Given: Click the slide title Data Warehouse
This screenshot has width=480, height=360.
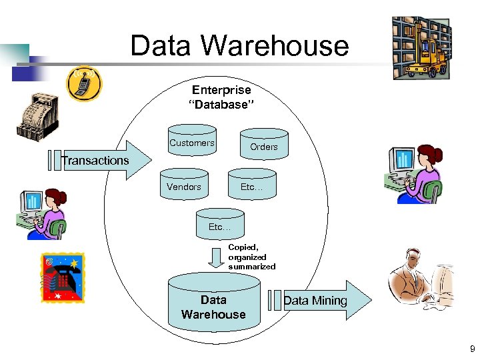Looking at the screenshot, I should pos(239,46).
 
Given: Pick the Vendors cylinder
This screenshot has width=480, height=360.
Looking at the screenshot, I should pos(184,187).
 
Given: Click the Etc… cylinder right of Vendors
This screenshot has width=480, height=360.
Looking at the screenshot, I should pos(252,187).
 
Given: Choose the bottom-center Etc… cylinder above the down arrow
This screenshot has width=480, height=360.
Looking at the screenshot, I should pos(219,227).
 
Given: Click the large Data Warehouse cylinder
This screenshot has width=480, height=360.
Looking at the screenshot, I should pos(213,307).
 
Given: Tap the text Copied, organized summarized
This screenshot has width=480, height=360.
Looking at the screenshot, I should pos(251,257).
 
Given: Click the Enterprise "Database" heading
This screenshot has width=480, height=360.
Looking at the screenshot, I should pos(221,97).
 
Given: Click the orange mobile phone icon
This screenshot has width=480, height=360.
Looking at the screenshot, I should pos(85,83).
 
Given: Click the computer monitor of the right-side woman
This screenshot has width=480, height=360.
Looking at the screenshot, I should pos(403,160).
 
